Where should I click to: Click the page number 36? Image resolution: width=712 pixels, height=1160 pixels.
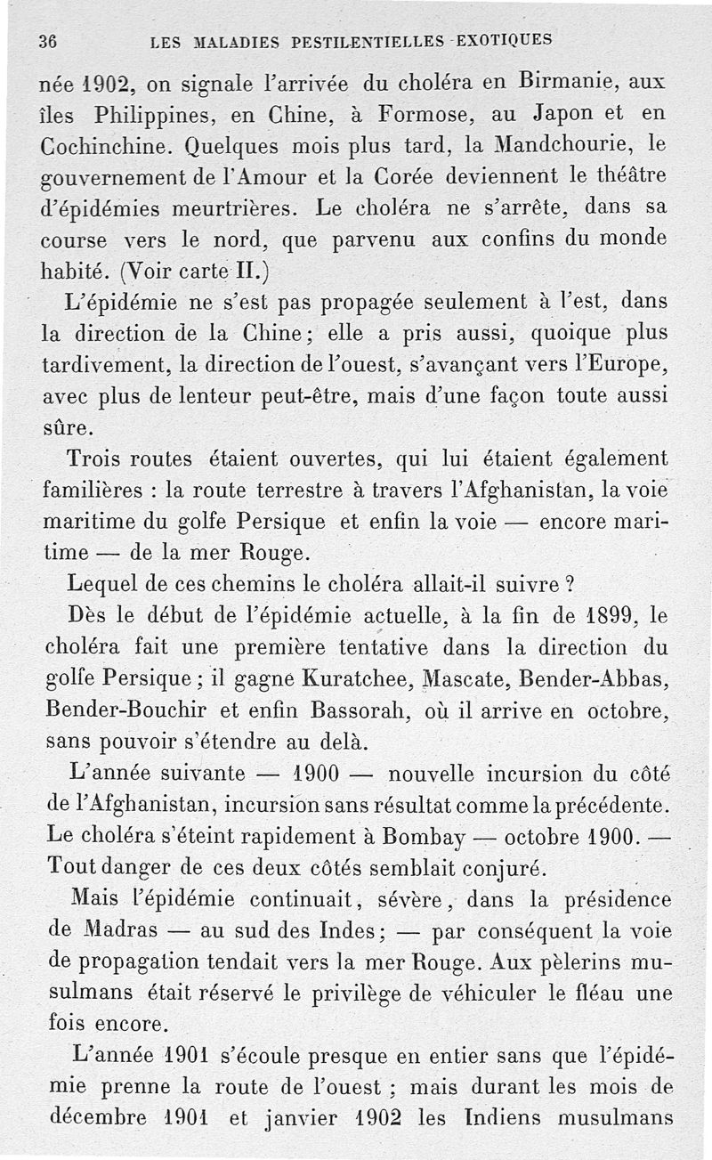tap(48, 41)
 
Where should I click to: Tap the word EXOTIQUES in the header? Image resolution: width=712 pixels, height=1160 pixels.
tap(504, 39)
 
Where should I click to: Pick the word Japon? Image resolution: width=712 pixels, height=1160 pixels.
tap(569, 115)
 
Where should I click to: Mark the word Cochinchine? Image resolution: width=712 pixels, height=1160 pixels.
tap(106, 146)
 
